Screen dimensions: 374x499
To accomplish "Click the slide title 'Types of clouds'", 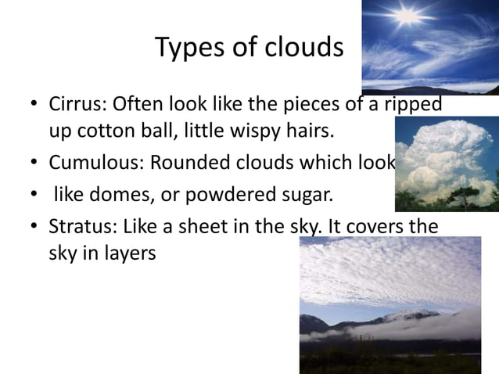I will click(x=249, y=48).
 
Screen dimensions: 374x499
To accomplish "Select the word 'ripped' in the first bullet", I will click(x=414, y=104).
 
